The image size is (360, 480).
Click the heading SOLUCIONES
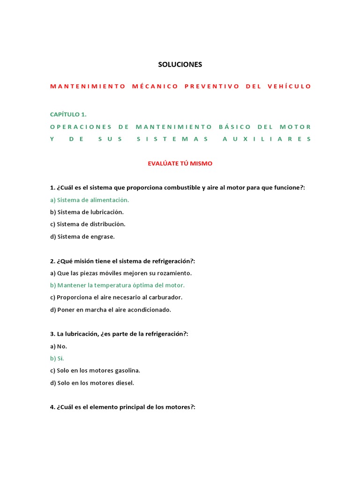tap(180, 64)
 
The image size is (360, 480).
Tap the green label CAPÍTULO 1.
tap(68, 114)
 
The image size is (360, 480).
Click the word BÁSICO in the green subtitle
tap(235, 127)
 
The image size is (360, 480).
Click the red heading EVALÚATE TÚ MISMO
tap(180, 164)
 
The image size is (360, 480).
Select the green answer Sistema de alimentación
tap(90, 200)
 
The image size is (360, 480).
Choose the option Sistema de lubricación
tap(87, 212)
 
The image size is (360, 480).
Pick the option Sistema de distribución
tap(88, 224)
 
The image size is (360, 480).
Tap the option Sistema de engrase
tap(82, 236)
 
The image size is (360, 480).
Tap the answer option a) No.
tap(59, 346)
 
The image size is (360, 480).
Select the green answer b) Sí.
tap(57, 359)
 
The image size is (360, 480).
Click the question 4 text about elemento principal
tap(122, 407)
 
